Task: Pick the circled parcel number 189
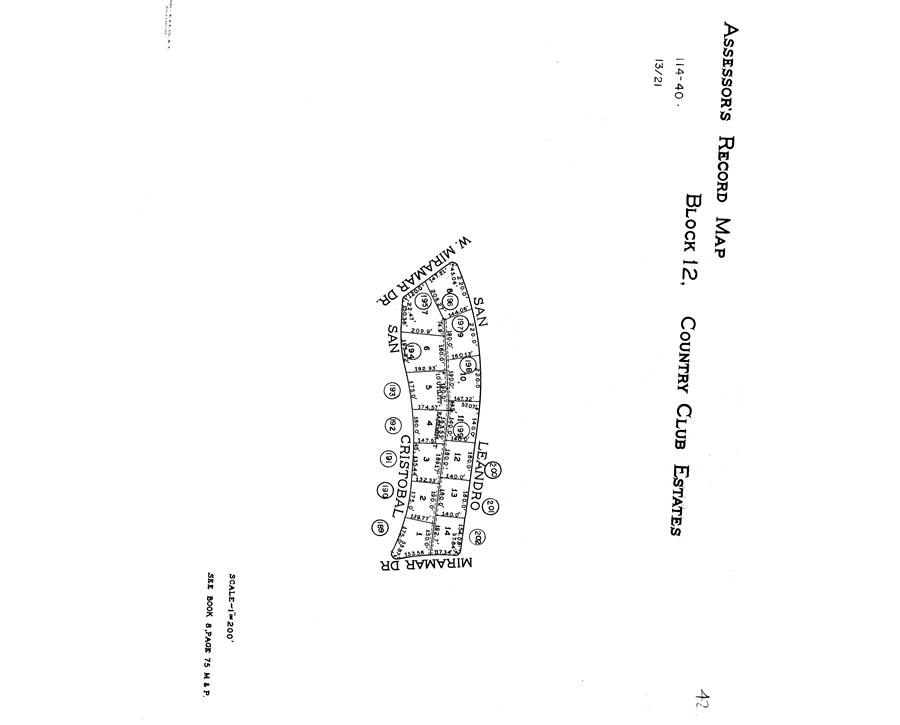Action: [x=381, y=528]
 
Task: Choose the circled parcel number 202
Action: [x=481, y=535]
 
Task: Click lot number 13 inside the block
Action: [x=452, y=493]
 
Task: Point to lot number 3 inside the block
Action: [x=426, y=459]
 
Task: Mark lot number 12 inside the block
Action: [x=455, y=457]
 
